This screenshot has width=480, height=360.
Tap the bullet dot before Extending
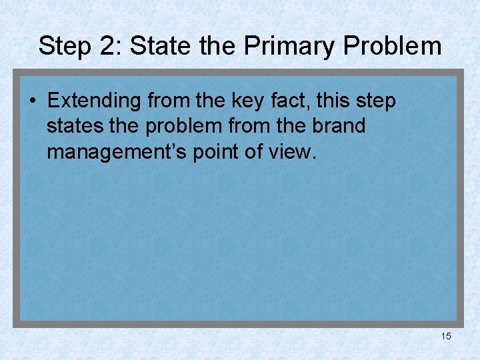(32, 101)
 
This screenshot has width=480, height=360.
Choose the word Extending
(94, 101)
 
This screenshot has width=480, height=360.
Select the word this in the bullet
(335, 101)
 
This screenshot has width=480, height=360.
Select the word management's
(118, 151)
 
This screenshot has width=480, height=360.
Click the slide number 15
(446, 336)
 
